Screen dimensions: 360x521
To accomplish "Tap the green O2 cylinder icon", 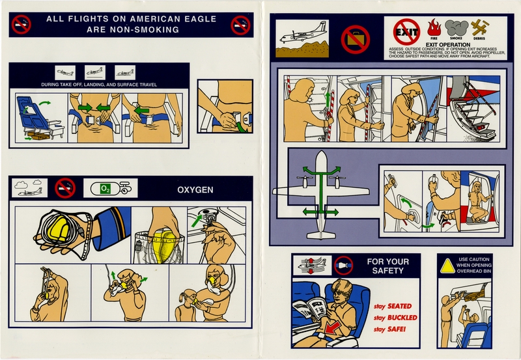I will click(x=106, y=188).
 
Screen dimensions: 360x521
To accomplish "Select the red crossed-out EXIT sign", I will click(x=406, y=31).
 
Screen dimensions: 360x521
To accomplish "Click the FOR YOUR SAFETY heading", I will click(x=387, y=266).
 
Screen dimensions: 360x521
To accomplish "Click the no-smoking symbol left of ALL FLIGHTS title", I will click(x=21, y=25).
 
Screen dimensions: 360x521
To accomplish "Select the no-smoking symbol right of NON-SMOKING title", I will click(x=240, y=25).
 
